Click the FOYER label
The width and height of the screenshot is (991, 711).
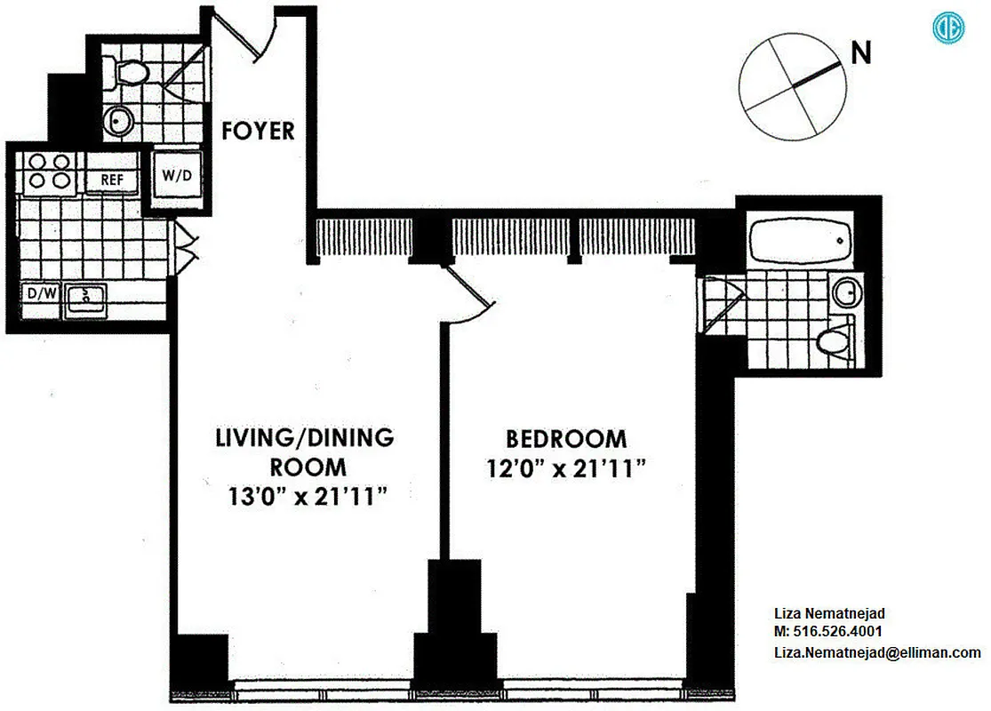coord(258,131)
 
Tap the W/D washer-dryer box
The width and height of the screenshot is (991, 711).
coord(176,175)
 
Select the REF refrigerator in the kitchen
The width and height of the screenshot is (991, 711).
coord(112,180)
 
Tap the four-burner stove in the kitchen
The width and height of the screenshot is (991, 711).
coord(50,171)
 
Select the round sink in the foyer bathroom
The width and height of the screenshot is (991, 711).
coord(118,121)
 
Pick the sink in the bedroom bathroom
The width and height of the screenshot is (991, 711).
coord(843,291)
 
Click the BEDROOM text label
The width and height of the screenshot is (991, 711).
coord(566,439)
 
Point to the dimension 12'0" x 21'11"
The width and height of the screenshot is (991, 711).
coord(566,467)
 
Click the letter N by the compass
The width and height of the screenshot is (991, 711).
coord(860,53)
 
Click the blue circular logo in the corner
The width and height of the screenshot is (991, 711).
coord(948,28)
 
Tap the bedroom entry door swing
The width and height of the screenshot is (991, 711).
coord(468,295)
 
